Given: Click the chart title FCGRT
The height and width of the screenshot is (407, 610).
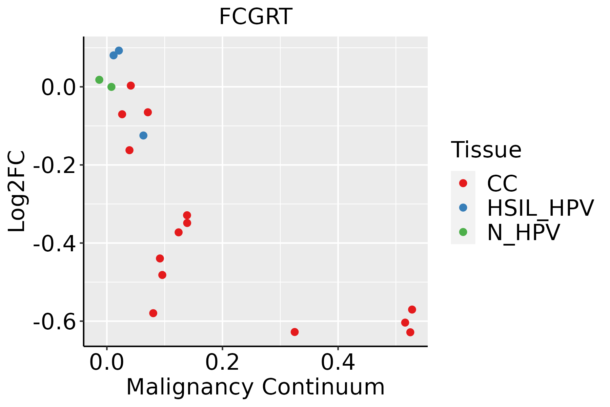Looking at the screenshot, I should [256, 17].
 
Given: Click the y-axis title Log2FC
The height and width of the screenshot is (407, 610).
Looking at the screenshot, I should [17, 191].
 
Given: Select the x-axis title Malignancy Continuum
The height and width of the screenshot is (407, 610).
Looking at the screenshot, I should [256, 387].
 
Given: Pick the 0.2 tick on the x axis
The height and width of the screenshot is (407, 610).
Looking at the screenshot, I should [222, 363].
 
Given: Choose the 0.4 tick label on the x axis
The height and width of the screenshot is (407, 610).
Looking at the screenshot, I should [338, 363].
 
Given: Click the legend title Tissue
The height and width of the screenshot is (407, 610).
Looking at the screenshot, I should [486, 150].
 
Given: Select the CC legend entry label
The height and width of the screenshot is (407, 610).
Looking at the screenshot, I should [502, 183].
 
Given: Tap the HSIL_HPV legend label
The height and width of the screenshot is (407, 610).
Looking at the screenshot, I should [540, 208].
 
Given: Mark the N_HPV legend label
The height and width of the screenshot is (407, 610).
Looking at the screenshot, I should [523, 232].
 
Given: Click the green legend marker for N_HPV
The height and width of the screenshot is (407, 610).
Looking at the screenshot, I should [463, 232].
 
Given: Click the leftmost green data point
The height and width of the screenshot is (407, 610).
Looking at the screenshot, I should [99, 80].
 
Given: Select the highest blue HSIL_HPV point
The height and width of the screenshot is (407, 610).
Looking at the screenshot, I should [119, 51].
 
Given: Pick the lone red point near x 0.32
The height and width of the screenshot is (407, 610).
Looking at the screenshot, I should [294, 332].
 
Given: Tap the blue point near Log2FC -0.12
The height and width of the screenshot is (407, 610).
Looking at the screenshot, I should [143, 136].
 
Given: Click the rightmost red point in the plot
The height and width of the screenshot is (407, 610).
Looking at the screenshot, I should [412, 309].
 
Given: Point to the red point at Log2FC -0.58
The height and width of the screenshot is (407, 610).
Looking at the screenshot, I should [153, 313].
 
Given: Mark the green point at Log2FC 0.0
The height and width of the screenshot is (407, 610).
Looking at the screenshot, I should [111, 87].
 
